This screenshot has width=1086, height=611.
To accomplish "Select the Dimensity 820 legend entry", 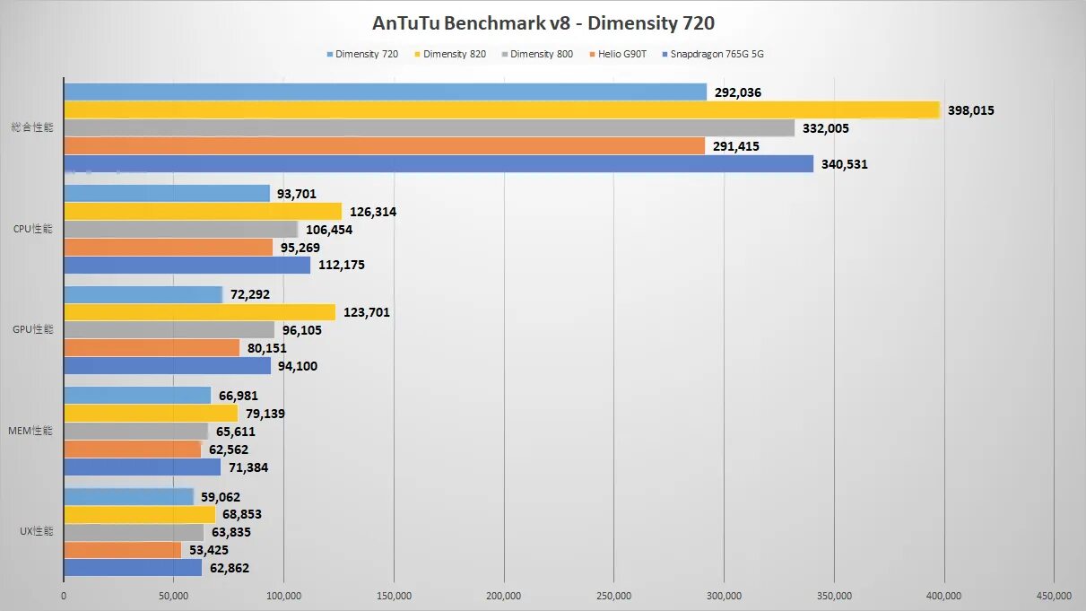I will (454, 54).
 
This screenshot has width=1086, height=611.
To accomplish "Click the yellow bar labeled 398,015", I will (501, 109).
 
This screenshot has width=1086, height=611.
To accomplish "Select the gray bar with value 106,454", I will (180, 229).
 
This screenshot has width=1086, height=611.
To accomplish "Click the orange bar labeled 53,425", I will (122, 550).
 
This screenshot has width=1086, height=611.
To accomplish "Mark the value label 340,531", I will (845, 164).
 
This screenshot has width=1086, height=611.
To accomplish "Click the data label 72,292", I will (250, 294).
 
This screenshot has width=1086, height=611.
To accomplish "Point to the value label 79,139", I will (266, 414).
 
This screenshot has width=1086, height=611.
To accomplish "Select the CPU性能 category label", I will (33, 229).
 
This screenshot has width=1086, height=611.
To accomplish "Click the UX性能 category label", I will (36, 531).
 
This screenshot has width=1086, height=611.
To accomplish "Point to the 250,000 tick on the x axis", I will (613, 595).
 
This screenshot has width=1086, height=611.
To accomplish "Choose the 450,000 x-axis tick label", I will (1054, 595).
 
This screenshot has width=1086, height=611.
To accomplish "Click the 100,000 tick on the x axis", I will (283, 595).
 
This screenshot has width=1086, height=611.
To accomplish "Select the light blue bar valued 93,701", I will (167, 193).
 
